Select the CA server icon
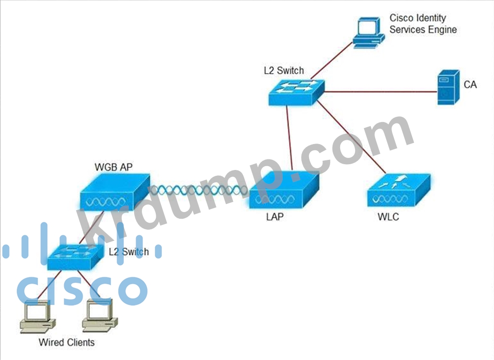click(448, 87)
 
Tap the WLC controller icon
click(398, 191)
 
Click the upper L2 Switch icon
click(296, 92)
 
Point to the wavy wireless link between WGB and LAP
click(199, 190)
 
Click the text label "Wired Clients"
click(67, 342)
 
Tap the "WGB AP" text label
click(113, 167)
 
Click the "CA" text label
click(470, 85)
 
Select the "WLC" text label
click(388, 217)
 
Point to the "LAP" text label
click(275, 216)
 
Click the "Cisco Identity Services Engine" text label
click(423, 23)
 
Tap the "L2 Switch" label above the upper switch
click(284, 70)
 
